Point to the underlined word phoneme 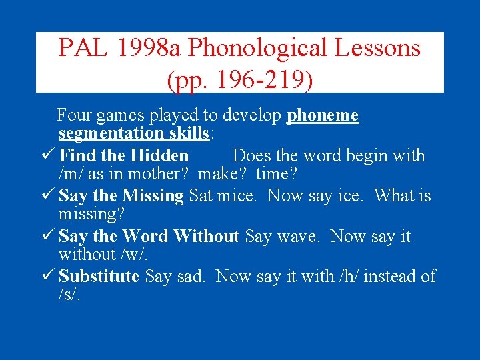[323, 115]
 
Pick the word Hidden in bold [159, 156]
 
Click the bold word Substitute [99, 276]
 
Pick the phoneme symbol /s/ [69, 294]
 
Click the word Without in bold [206, 236]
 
